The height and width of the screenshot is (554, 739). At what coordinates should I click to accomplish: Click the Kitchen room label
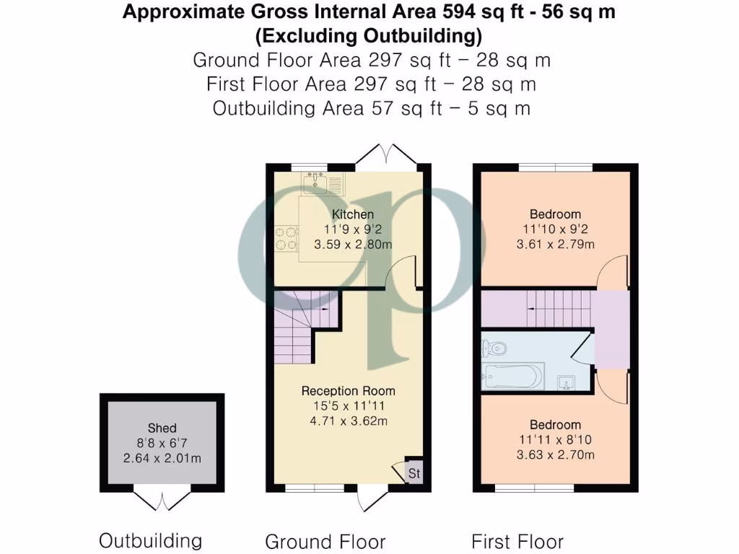pyautogui.click(x=353, y=214)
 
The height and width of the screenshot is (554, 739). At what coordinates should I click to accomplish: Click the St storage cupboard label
pyautogui.click(x=414, y=473)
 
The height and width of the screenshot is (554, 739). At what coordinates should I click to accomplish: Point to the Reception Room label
pyautogui.click(x=349, y=391)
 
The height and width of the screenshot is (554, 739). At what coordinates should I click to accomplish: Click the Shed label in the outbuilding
pyautogui.click(x=162, y=428)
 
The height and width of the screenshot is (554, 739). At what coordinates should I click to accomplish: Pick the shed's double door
pyautogui.click(x=162, y=500)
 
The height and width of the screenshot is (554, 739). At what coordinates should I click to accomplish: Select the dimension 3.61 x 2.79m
pyautogui.click(x=555, y=245)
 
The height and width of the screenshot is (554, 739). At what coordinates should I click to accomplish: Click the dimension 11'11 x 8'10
pyautogui.click(x=555, y=439)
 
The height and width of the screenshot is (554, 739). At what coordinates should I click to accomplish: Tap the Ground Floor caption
pyautogui.click(x=325, y=542)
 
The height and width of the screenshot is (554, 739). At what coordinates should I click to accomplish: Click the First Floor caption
pyautogui.click(x=517, y=541)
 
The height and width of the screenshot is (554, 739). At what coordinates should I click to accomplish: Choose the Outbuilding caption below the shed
pyautogui.click(x=150, y=540)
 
